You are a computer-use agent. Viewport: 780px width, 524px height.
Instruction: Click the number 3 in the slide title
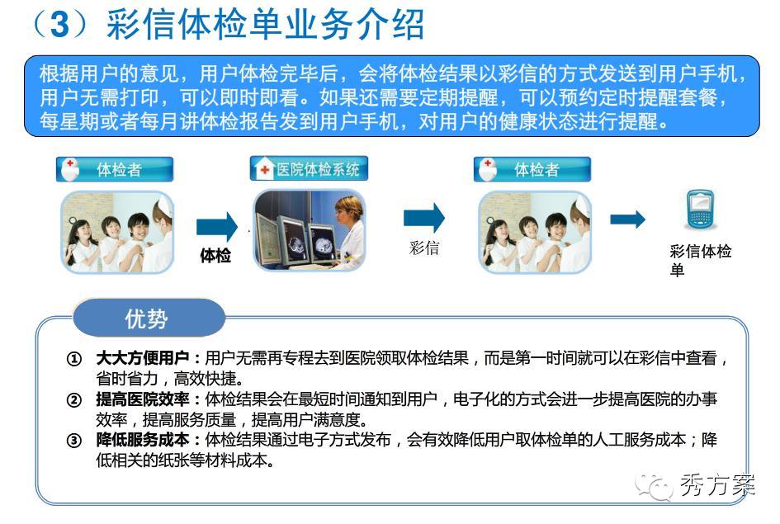[59, 23]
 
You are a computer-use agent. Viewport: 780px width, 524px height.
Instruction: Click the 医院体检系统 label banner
[309, 168]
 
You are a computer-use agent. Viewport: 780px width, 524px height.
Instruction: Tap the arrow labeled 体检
[217, 227]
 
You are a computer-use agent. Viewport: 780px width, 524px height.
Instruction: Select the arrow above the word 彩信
[423, 218]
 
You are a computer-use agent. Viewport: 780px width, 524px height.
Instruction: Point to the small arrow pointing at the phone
[628, 220]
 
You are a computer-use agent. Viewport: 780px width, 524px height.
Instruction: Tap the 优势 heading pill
[149, 319]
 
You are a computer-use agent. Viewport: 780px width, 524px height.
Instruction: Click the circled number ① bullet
[73, 358]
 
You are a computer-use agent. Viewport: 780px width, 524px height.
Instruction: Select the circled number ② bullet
[73, 399]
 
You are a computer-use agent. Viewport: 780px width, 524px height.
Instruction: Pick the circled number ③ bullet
[73, 440]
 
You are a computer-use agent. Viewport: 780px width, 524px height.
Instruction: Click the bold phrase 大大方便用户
[142, 358]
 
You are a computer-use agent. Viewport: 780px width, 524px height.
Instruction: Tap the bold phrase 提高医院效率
[142, 399]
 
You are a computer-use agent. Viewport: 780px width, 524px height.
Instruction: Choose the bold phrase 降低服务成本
[142, 440]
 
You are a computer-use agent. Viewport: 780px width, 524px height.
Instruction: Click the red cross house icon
[263, 168]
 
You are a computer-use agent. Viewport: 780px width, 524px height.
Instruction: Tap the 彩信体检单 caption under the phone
[700, 260]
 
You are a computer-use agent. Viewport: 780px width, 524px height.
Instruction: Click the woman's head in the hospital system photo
[347, 209]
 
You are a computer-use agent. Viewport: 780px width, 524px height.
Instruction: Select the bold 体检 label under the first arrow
[215, 256]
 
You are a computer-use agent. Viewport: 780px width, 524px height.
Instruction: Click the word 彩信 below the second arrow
[423, 248]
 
